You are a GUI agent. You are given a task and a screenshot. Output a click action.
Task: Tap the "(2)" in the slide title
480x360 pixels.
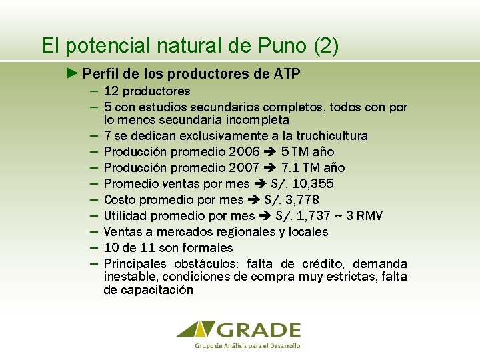pos(325,46)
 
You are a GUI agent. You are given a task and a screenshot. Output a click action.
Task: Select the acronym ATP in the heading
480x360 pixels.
pos(287,73)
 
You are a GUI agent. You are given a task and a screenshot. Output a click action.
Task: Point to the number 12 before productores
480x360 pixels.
pos(111,91)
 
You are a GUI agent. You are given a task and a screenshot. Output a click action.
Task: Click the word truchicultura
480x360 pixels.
pos(331,136)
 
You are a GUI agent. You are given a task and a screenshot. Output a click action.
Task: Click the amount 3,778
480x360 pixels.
pos(301,200)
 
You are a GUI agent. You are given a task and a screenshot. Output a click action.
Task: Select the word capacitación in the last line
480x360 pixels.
pos(159,290)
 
